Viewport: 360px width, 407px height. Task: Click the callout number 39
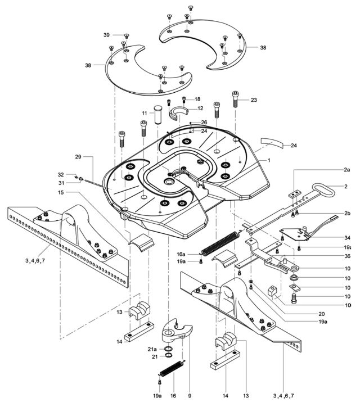[106, 35]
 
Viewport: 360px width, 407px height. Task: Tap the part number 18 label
[197, 99]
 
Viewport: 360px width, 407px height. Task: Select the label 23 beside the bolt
[254, 100]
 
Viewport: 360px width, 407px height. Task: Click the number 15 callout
[75, 193]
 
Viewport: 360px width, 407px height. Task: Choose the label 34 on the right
[347, 237]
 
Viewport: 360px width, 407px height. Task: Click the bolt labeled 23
[235, 102]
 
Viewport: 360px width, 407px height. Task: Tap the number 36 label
[347, 256]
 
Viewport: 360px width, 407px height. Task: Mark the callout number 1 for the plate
[269, 160]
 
